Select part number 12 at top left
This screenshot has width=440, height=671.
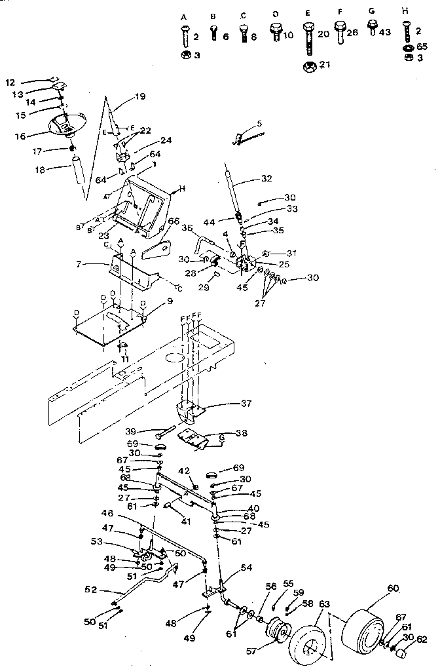(x=10, y=83)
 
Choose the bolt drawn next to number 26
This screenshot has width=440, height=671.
(x=340, y=33)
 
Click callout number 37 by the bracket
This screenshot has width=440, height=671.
(x=227, y=404)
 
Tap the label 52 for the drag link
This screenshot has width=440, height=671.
(x=91, y=590)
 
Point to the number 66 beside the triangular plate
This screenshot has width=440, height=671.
(x=174, y=221)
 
